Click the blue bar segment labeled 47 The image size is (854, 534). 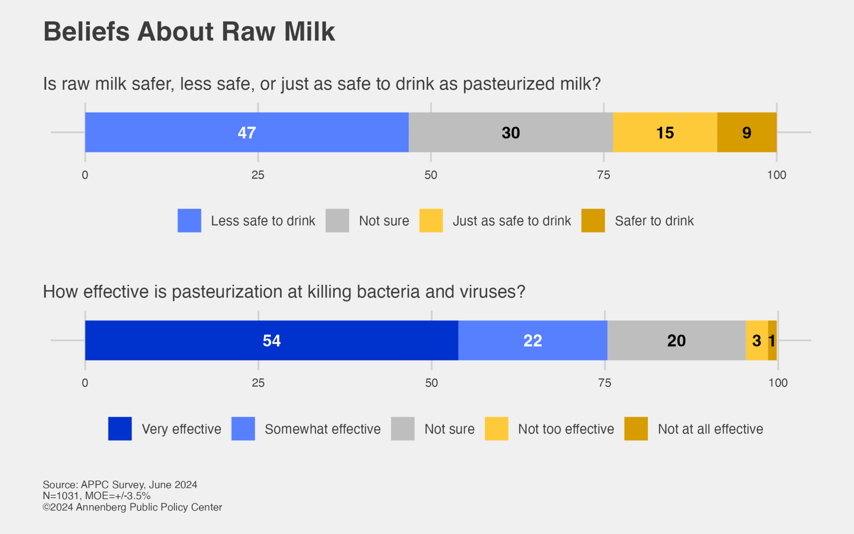coord(246,132)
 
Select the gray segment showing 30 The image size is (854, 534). coord(510,132)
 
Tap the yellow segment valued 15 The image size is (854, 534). coord(665,132)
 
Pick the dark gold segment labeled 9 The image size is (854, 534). coord(746,132)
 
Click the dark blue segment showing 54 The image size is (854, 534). coord(271,340)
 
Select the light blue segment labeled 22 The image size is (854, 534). coord(532,340)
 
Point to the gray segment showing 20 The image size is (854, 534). coord(676,340)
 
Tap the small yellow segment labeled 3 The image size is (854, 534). coord(756,340)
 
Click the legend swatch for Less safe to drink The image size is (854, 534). coord(189,221)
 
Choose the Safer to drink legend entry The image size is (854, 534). coord(654,221)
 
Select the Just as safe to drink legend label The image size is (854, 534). coord(511,221)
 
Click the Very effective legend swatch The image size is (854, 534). coord(120,429)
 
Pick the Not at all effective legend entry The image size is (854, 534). coord(710,429)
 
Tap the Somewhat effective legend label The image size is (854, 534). coord(322,429)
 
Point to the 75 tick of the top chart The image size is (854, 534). coord(603,175)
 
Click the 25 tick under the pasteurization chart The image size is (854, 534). coord(258,383)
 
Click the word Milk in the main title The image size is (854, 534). coord(309,32)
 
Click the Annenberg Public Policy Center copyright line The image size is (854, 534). coord(133,507)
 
